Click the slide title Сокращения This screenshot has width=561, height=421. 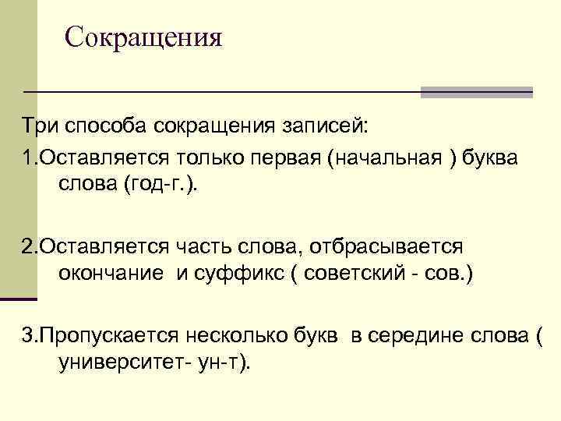(x=143, y=37)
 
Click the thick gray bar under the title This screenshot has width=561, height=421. (x=476, y=91)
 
